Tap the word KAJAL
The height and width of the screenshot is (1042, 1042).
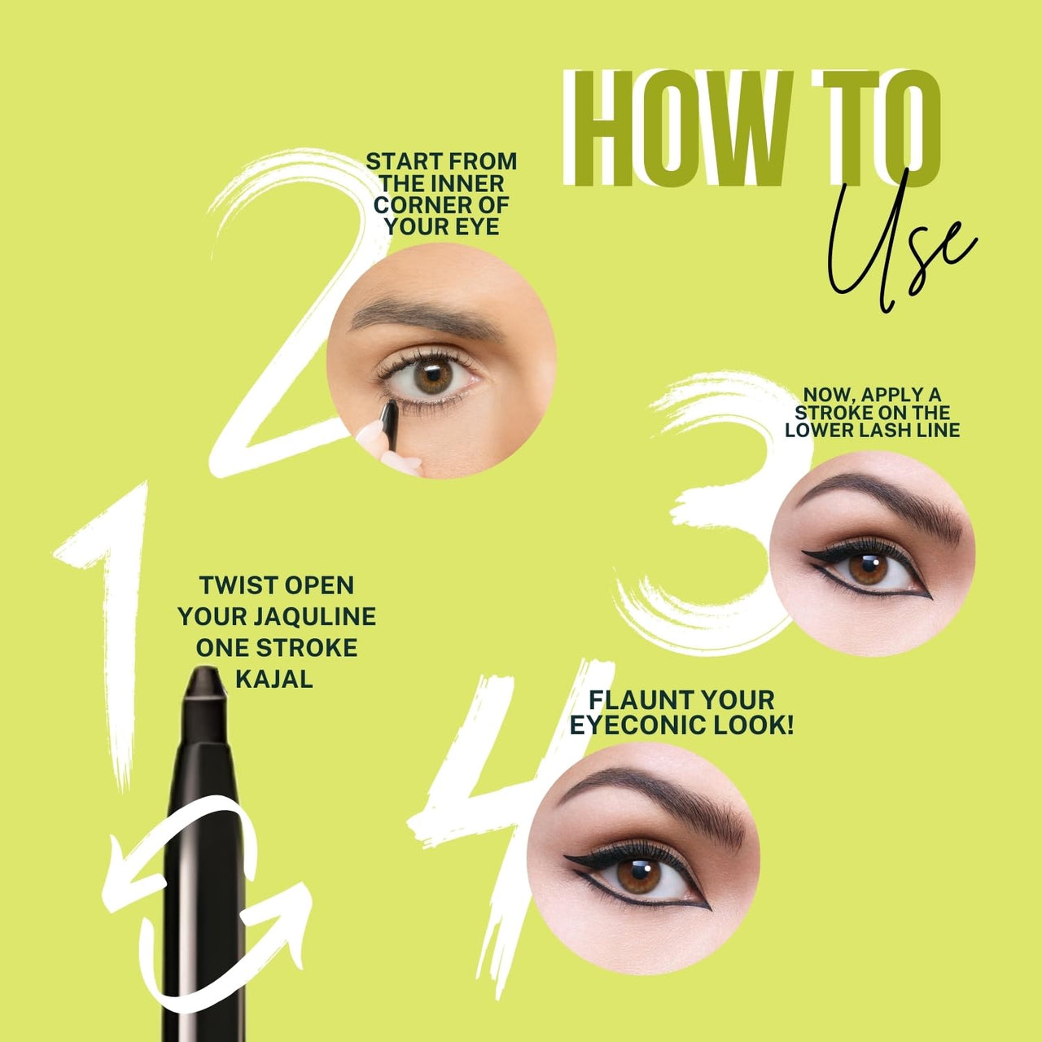click(x=274, y=679)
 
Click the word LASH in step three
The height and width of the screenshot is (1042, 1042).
click(x=870, y=431)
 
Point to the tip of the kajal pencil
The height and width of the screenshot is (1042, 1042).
click(x=204, y=671)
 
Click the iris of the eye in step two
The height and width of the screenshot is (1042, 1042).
click(x=432, y=377)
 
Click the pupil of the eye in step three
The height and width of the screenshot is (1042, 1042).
click(x=868, y=567)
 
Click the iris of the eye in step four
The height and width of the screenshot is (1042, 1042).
click(x=638, y=876)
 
